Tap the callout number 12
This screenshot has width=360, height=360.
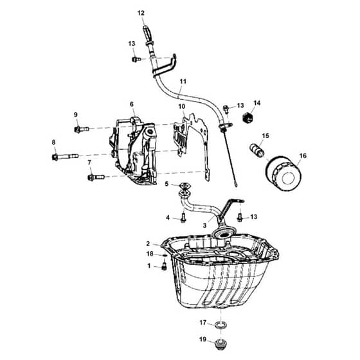[141, 13]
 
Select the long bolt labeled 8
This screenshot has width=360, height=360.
[66, 157]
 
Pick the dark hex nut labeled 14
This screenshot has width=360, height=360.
[248, 118]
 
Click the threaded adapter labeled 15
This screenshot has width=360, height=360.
[257, 150]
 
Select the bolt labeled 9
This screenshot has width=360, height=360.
[82, 129]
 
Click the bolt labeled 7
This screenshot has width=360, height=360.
[96, 177]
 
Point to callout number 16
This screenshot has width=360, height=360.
[303, 156]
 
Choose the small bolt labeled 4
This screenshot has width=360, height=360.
[183, 217]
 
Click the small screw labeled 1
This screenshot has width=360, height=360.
[164, 266]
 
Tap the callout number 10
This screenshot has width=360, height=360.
[181, 107]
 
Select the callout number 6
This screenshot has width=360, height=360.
[132, 104]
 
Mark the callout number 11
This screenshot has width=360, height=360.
[183, 82]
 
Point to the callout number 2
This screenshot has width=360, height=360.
[148, 244]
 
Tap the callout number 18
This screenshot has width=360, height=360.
[150, 254]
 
